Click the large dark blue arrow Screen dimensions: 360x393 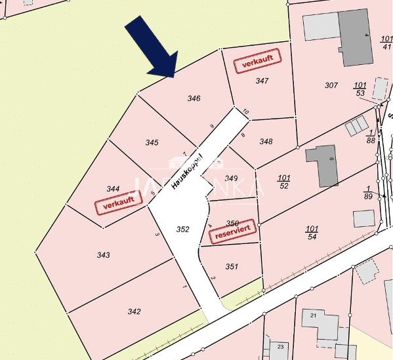point(152,47)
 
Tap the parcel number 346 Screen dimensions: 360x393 point(194,98)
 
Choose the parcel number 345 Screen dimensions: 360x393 point(152,142)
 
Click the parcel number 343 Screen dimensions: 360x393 point(103,255)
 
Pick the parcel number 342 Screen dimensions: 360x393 point(134,311)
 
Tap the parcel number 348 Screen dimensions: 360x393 point(266,142)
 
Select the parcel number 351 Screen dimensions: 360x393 point(232,266)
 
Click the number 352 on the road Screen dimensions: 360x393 point(183,230)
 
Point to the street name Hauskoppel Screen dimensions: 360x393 point(186,170)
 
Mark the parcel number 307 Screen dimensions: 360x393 point(331,86)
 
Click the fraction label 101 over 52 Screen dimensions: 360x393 point(283,182)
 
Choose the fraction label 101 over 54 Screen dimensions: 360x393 point(312,232)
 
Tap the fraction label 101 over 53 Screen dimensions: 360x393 point(360,89)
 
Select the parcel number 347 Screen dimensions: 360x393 point(262,81)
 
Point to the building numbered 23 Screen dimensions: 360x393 point(280,346)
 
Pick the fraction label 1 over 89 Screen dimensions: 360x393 point(368,192)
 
